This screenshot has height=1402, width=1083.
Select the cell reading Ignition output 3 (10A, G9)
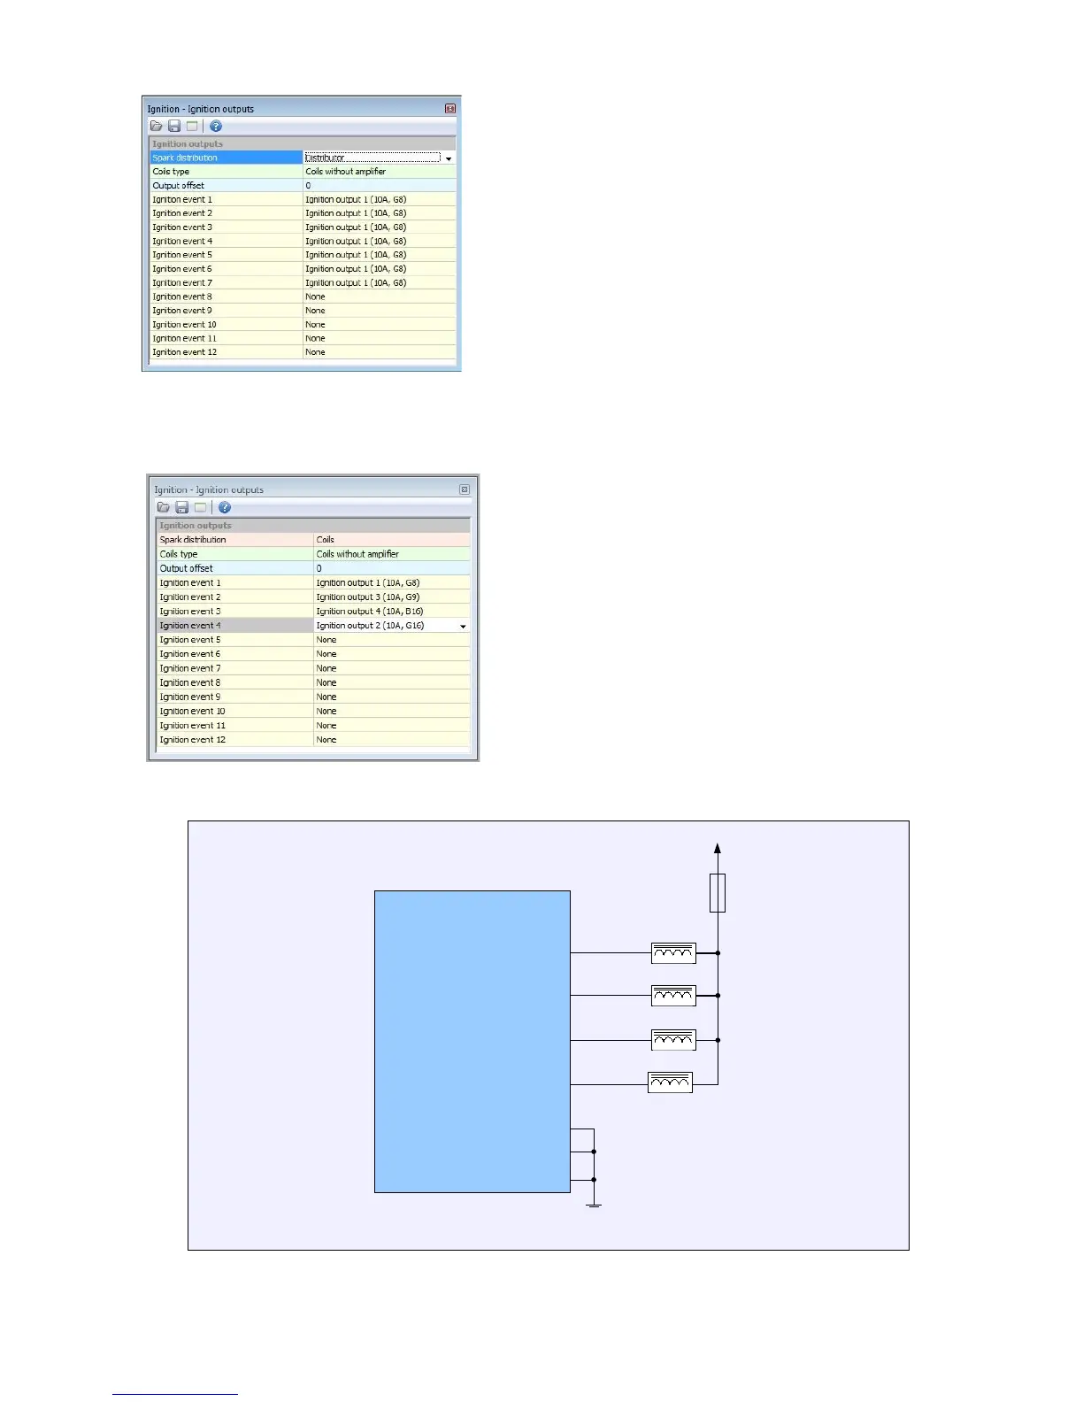coord(368,597)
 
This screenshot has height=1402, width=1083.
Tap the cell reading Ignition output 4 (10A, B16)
coord(370,612)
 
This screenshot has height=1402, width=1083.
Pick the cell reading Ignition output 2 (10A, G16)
coord(370,626)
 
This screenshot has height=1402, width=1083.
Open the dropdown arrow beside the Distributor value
coord(449,158)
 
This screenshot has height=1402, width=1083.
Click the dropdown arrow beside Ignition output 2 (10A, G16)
coord(463,627)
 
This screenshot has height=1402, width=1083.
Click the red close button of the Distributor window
coord(450,109)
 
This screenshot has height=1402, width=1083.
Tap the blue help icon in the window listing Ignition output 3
coord(225,507)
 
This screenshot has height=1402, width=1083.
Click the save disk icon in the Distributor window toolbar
coord(174,127)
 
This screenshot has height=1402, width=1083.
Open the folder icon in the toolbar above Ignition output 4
coord(164,507)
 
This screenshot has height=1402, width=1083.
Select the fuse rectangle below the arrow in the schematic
coord(718,892)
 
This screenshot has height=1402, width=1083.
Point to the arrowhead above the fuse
coord(718,849)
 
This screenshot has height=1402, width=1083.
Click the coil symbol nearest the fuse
coord(673,953)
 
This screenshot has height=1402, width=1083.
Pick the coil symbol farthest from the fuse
coord(670,1082)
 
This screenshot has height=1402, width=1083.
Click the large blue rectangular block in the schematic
coord(472,1041)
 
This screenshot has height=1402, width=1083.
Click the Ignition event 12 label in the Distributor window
coord(184,352)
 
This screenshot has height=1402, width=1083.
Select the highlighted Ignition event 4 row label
coord(190,626)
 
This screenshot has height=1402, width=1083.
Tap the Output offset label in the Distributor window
coord(179,186)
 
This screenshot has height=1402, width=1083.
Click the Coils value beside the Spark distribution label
coord(326,540)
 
